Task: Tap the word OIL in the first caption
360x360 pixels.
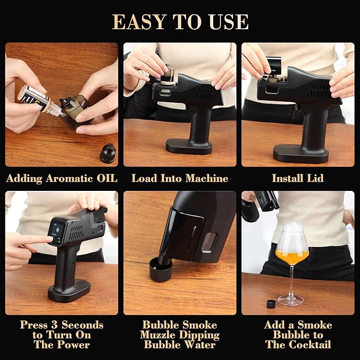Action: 107,178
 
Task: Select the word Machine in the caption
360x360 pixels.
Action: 207,178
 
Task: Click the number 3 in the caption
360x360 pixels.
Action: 55,324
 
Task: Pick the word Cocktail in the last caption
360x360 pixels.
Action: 310,345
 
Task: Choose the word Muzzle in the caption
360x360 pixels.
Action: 157,335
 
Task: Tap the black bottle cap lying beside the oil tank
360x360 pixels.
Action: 108,153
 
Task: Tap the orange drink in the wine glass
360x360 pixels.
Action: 292,257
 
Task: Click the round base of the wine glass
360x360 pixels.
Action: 291,300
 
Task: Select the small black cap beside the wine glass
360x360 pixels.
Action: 271,304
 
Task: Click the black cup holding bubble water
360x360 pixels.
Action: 161,269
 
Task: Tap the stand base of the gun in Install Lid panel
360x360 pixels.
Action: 301,153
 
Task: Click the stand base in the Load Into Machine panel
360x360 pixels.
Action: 189,146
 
